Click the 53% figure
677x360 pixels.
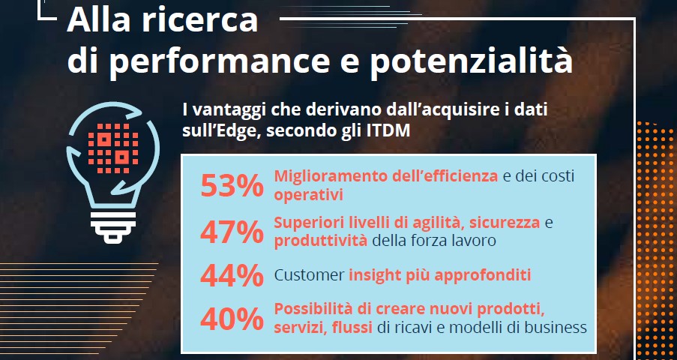click(x=232, y=184)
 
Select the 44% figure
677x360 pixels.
click(x=232, y=275)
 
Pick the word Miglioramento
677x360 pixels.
click(x=326, y=177)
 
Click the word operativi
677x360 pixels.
click(x=308, y=195)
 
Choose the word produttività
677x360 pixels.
click(x=321, y=241)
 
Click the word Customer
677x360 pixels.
click(x=308, y=275)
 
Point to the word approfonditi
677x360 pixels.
click(x=484, y=275)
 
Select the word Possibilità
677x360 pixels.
click(x=311, y=309)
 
